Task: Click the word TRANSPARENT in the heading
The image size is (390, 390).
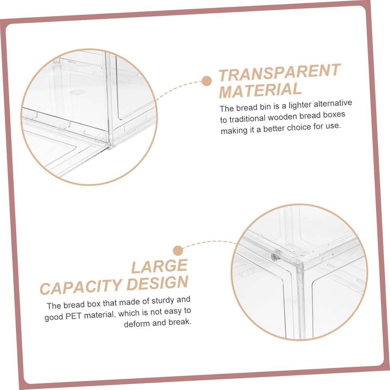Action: click(279, 73)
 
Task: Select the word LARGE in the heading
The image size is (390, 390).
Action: click(160, 267)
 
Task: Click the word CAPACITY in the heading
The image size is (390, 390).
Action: click(81, 286)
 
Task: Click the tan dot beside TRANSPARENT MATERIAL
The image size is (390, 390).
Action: click(206, 81)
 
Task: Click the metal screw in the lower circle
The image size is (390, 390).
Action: click(274, 257)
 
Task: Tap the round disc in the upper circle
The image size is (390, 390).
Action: click(77, 92)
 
